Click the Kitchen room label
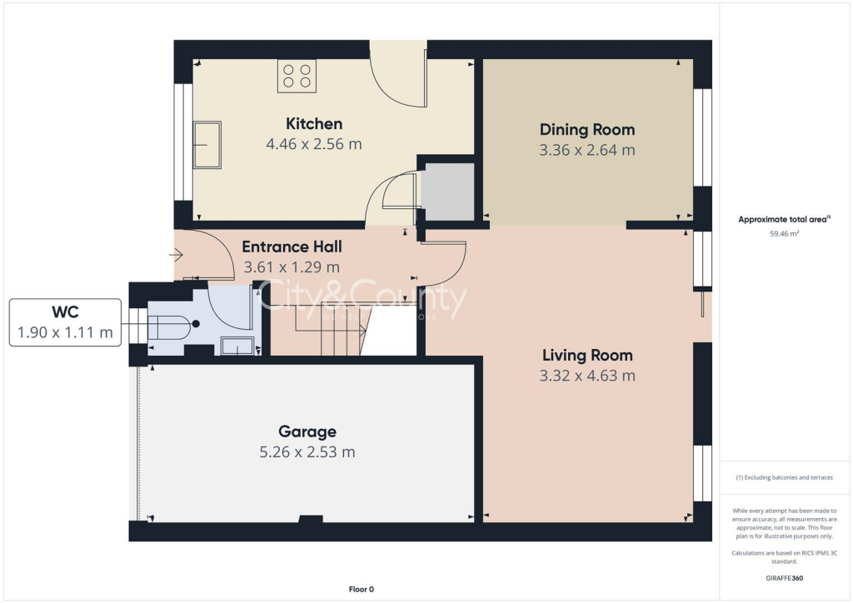click(314, 124)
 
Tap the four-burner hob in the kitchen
click(297, 76)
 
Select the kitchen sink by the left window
click(207, 145)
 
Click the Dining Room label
click(587, 130)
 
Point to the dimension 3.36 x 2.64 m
click(587, 151)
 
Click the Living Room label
click(587, 355)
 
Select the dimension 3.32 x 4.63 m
click(587, 376)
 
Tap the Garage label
click(307, 431)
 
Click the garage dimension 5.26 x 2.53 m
click(307, 452)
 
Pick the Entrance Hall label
click(292, 247)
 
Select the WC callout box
click(65, 323)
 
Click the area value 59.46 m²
click(783, 234)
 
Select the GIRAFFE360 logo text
click(783, 577)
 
